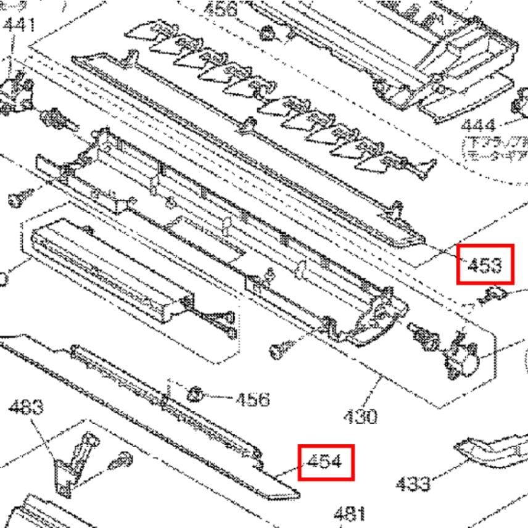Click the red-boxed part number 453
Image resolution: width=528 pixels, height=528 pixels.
click(x=485, y=265)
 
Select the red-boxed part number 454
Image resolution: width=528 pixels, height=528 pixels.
click(x=326, y=462)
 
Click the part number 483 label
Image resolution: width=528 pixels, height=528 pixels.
click(x=27, y=407)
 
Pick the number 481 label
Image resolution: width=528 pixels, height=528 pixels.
click(x=349, y=513)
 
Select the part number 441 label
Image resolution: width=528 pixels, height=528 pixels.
click(x=19, y=25)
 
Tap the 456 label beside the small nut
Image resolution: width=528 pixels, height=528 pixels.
click(x=252, y=399)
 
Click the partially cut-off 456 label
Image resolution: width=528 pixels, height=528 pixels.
click(x=220, y=9)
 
